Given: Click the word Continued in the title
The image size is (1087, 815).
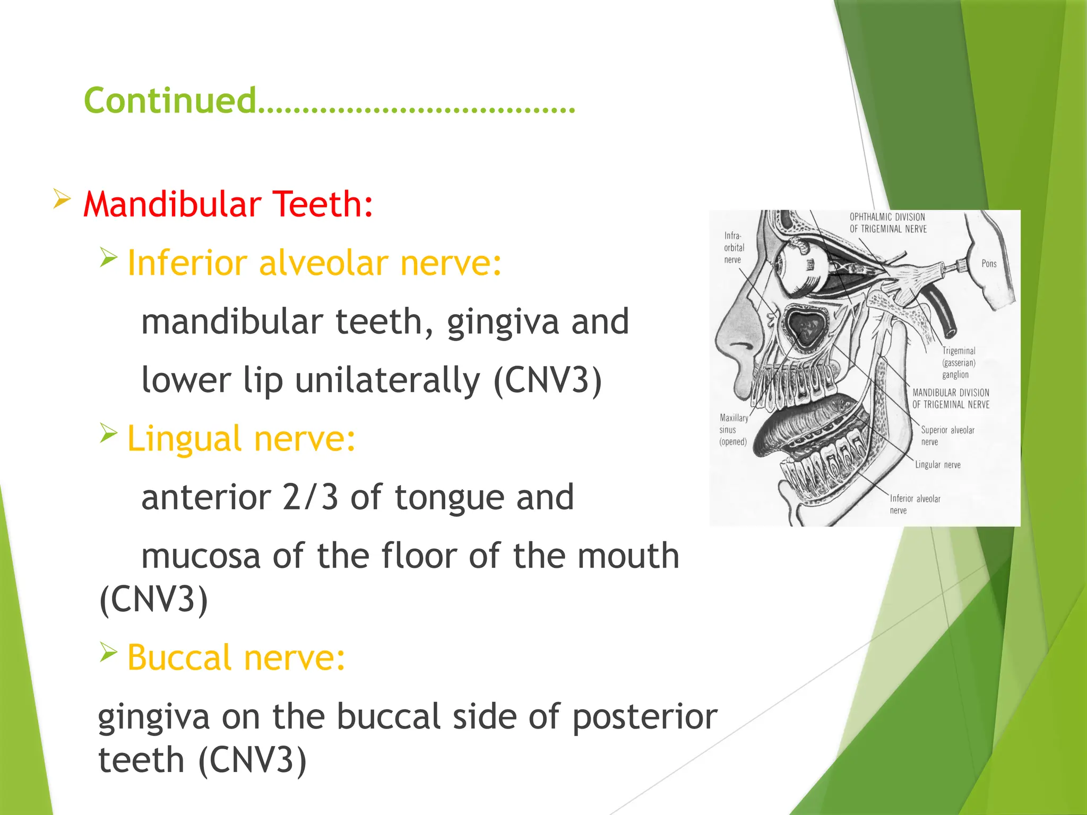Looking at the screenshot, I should pos(170,100).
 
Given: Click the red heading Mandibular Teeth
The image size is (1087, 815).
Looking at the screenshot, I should pos(228,204).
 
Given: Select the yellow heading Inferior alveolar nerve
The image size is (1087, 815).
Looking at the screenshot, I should pos(314,263).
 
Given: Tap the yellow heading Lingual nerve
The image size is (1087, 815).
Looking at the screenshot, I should pos(241,439).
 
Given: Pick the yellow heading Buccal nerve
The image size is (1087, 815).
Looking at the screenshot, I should pos(236,658).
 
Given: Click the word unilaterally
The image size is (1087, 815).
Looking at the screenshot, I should pos(387,380).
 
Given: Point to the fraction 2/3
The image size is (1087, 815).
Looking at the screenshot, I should pos(310,497).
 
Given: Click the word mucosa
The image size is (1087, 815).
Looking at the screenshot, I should pos(201,556).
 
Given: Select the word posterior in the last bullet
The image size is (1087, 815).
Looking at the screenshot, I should pos(645,717).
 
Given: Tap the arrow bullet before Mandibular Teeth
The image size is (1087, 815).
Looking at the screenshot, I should pos(62,200).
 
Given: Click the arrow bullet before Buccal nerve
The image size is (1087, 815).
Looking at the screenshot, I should pos(108,652).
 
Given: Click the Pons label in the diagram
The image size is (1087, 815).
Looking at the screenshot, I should pos(989,264).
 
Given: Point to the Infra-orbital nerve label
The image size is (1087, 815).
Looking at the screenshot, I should pos(734,248).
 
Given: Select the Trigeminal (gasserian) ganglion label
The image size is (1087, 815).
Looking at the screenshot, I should pos(959,363).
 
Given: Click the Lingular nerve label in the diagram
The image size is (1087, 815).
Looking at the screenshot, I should pos(937,465).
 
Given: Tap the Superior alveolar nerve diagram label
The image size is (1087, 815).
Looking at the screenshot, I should pos(947,436).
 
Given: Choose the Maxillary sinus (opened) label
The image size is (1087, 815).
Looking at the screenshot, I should pos(734,430).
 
